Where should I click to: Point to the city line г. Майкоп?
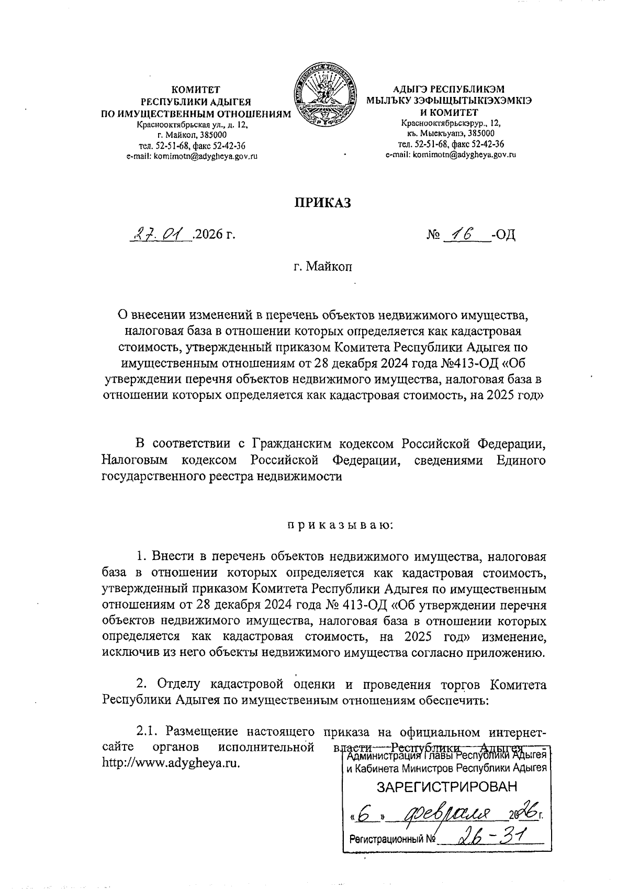point(322,267)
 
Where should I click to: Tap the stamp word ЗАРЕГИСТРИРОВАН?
point(446,787)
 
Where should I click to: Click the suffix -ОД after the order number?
point(503,234)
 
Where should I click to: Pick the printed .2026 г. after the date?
point(214,234)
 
